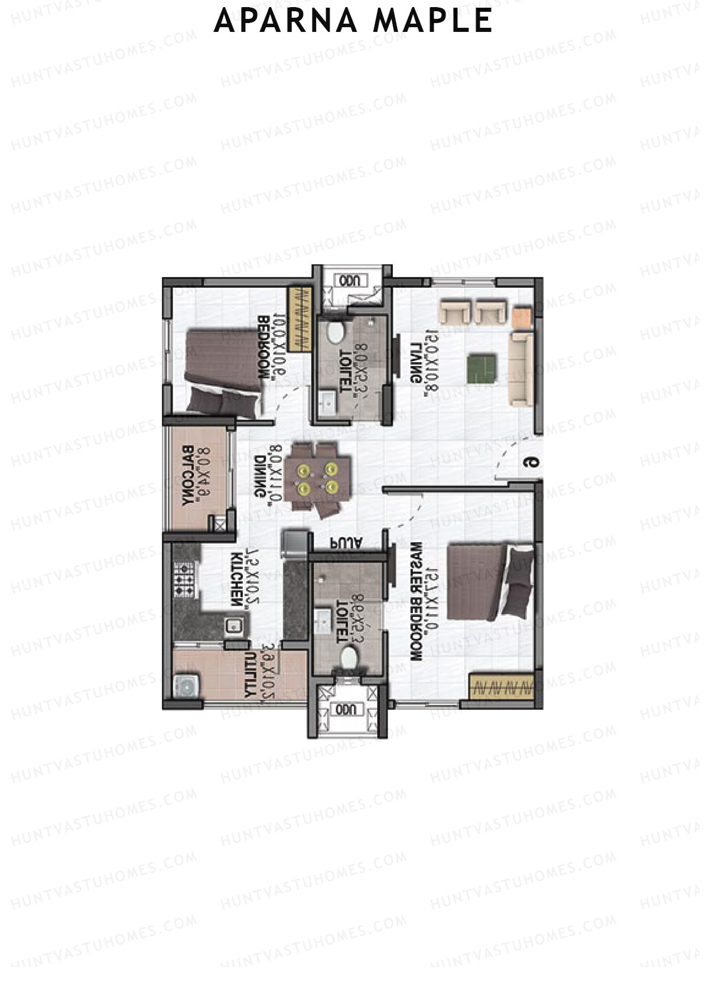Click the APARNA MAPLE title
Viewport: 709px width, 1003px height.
(x=353, y=21)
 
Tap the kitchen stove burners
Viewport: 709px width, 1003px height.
(x=183, y=579)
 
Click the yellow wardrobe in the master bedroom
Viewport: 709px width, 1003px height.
(x=502, y=687)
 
